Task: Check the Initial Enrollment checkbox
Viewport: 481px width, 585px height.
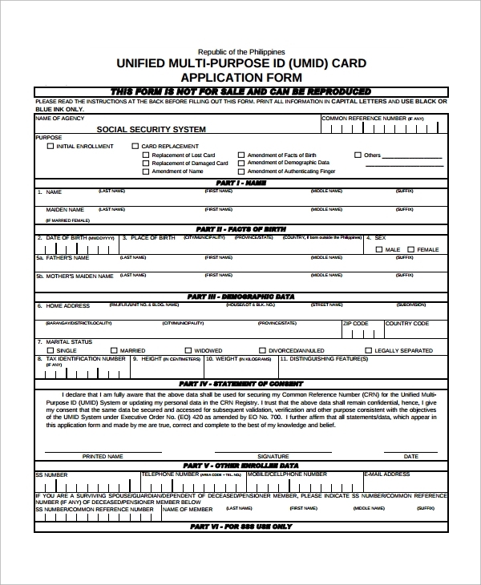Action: click(x=51, y=146)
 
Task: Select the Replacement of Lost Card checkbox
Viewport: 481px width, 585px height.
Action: click(x=145, y=155)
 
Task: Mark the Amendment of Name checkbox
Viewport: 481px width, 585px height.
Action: click(x=145, y=171)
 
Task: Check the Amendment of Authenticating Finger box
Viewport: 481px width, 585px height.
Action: click(x=240, y=171)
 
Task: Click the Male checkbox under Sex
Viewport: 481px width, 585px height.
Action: click(x=379, y=249)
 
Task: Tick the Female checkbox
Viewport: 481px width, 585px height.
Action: click(x=410, y=249)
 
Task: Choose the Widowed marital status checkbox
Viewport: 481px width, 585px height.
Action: click(x=188, y=350)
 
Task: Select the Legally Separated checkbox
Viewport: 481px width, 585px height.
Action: click(x=368, y=350)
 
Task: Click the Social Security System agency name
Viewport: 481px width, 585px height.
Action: click(x=151, y=129)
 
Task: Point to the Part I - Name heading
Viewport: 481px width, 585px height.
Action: click(x=240, y=183)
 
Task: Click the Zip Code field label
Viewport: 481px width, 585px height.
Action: click(x=356, y=324)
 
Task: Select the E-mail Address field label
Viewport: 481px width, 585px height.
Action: click(x=386, y=474)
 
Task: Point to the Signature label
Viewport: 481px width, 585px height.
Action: click(x=273, y=456)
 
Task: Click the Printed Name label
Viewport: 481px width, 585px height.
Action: click(x=103, y=456)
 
